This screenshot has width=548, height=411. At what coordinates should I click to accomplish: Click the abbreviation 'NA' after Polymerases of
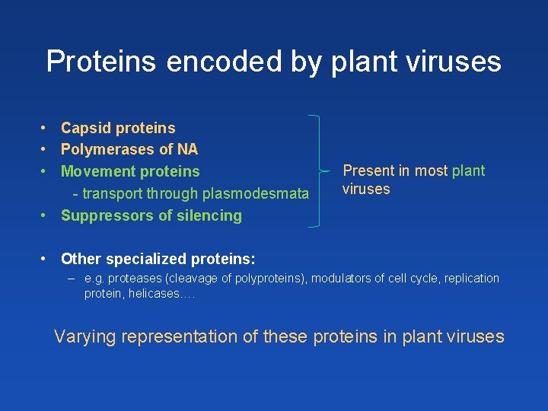pyautogui.click(x=187, y=149)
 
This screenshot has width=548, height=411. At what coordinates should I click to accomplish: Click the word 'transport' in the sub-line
pyautogui.click(x=113, y=193)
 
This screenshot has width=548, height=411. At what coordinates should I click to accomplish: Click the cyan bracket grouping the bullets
pyautogui.click(x=318, y=171)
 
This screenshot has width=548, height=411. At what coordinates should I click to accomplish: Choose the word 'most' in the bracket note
pyautogui.click(x=432, y=170)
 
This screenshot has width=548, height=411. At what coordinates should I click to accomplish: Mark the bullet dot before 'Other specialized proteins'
pyautogui.click(x=46, y=260)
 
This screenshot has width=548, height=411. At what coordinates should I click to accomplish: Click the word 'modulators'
pyautogui.click(x=341, y=279)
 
